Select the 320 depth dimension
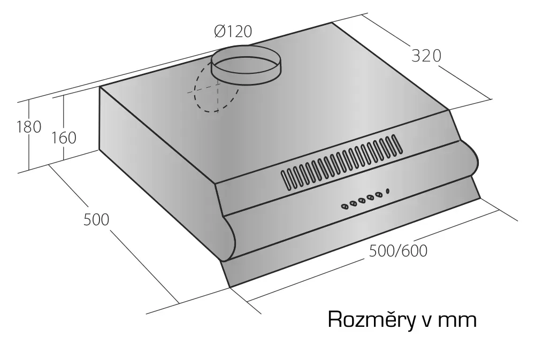click(x=426, y=56)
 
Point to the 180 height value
click(x=29, y=127)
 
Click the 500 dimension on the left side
click(x=96, y=219)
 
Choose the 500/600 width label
click(x=398, y=251)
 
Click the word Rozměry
click(x=368, y=319)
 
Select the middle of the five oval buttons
click(x=362, y=200)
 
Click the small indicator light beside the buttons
click(x=387, y=191)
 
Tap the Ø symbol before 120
click(x=219, y=32)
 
